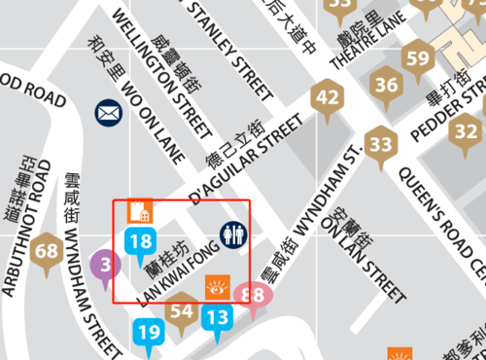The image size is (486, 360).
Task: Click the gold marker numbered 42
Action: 329,97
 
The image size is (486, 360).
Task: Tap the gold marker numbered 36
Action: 387,86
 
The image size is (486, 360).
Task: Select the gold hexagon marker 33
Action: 382,147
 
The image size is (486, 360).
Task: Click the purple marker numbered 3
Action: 105,263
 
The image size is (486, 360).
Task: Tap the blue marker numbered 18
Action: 141,241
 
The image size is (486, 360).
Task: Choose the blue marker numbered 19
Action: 149,333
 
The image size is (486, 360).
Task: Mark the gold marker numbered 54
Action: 181,311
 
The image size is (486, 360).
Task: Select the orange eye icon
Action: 217,287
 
